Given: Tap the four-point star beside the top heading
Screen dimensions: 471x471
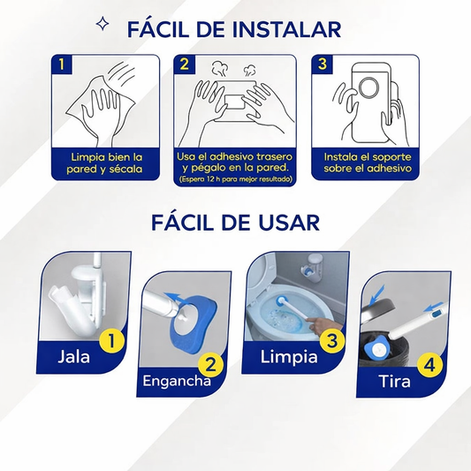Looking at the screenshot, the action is click(x=103, y=25).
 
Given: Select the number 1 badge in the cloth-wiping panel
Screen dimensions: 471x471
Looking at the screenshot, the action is click(x=62, y=64).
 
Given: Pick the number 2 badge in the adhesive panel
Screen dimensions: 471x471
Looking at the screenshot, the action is click(x=184, y=64).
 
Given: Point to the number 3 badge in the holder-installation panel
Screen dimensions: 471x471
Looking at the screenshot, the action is click(x=322, y=64).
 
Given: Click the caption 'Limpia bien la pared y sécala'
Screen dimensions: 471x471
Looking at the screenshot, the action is click(x=104, y=163).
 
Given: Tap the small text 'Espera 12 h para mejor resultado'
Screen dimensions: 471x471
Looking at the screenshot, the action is click(x=235, y=179).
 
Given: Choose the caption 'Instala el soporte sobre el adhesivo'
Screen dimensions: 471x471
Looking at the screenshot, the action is click(x=367, y=163).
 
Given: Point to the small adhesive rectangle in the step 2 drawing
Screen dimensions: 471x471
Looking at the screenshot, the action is click(x=235, y=102).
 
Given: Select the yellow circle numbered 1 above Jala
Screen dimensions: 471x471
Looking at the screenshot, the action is click(x=111, y=341).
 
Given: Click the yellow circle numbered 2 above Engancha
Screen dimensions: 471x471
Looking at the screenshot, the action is click(x=210, y=365).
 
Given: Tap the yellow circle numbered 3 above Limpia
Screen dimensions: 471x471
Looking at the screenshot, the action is click(x=332, y=340).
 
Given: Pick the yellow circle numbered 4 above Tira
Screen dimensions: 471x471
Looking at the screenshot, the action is click(x=429, y=366).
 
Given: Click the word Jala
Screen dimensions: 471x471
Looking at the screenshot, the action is click(x=73, y=357).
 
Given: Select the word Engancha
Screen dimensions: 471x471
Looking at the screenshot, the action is click(x=177, y=381).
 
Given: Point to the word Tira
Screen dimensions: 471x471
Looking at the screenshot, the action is click(x=394, y=381).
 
